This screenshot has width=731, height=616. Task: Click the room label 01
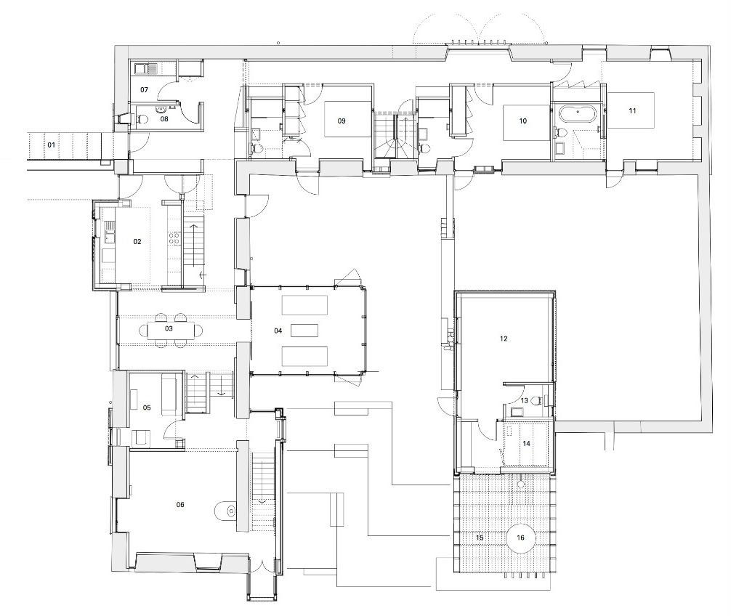coord(52,145)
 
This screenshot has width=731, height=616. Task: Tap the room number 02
coord(137,241)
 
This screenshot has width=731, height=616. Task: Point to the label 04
coord(278,331)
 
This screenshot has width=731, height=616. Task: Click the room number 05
coord(147,408)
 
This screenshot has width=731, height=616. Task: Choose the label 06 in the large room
coord(180,505)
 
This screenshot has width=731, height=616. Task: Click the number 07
coord(144,89)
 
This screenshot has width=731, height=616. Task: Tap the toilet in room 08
coord(143,119)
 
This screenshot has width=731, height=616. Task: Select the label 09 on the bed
coord(342,121)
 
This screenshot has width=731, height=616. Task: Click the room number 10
coord(523,121)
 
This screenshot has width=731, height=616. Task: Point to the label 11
coord(632,110)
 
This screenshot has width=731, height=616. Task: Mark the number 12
coord(504,339)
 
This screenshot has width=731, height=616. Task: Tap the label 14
coord(526,444)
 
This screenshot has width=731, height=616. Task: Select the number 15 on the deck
coord(480,538)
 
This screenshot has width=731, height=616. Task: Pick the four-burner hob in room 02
coord(175,238)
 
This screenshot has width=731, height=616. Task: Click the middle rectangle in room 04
coord(304,331)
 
